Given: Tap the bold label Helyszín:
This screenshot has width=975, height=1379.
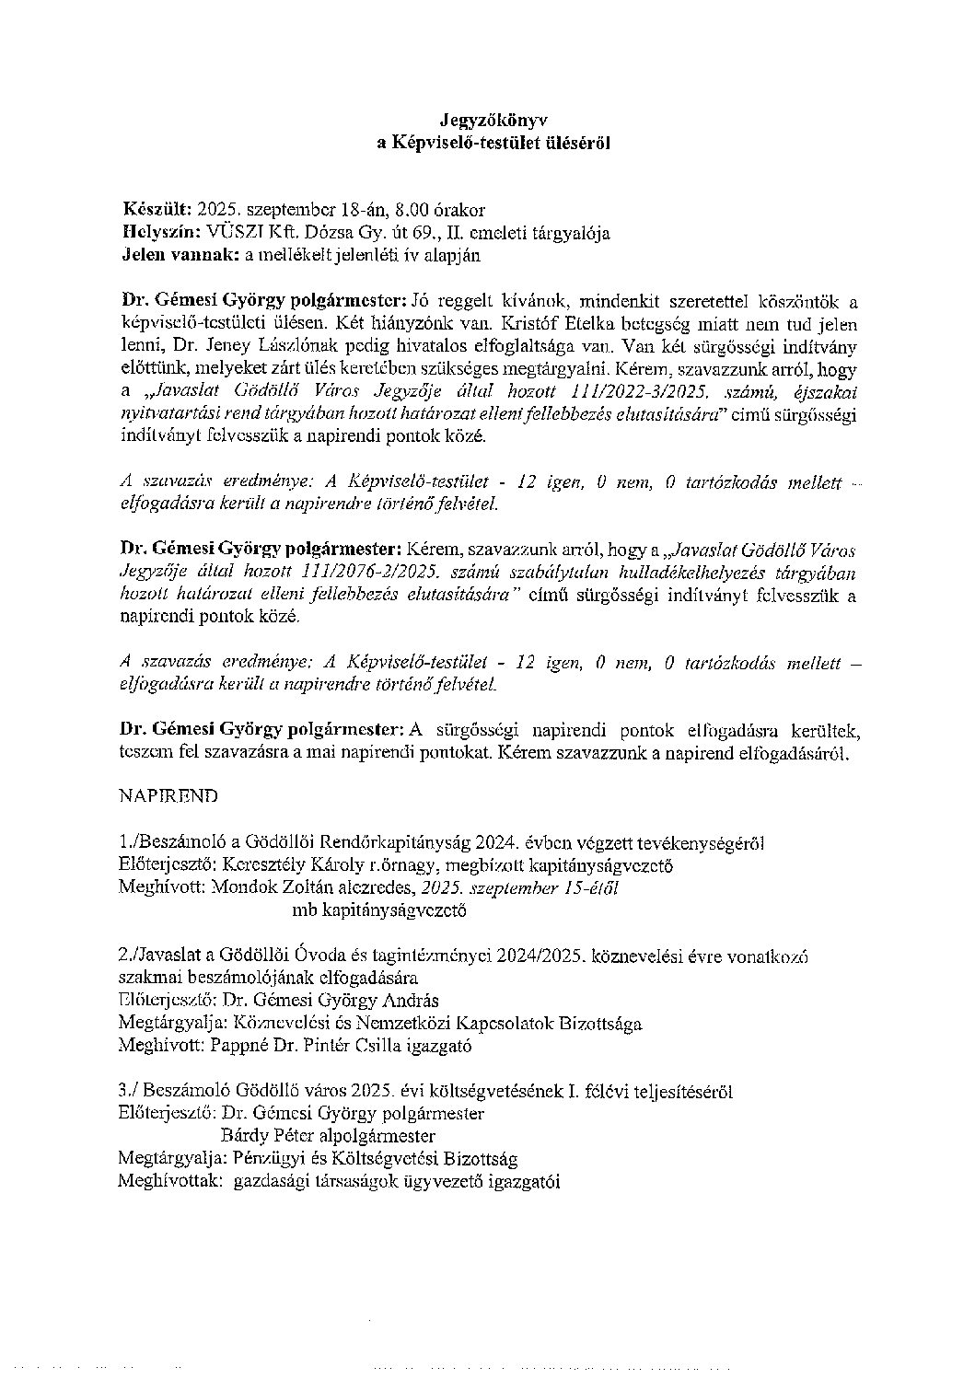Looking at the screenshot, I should pyautogui.click(x=162, y=233).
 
